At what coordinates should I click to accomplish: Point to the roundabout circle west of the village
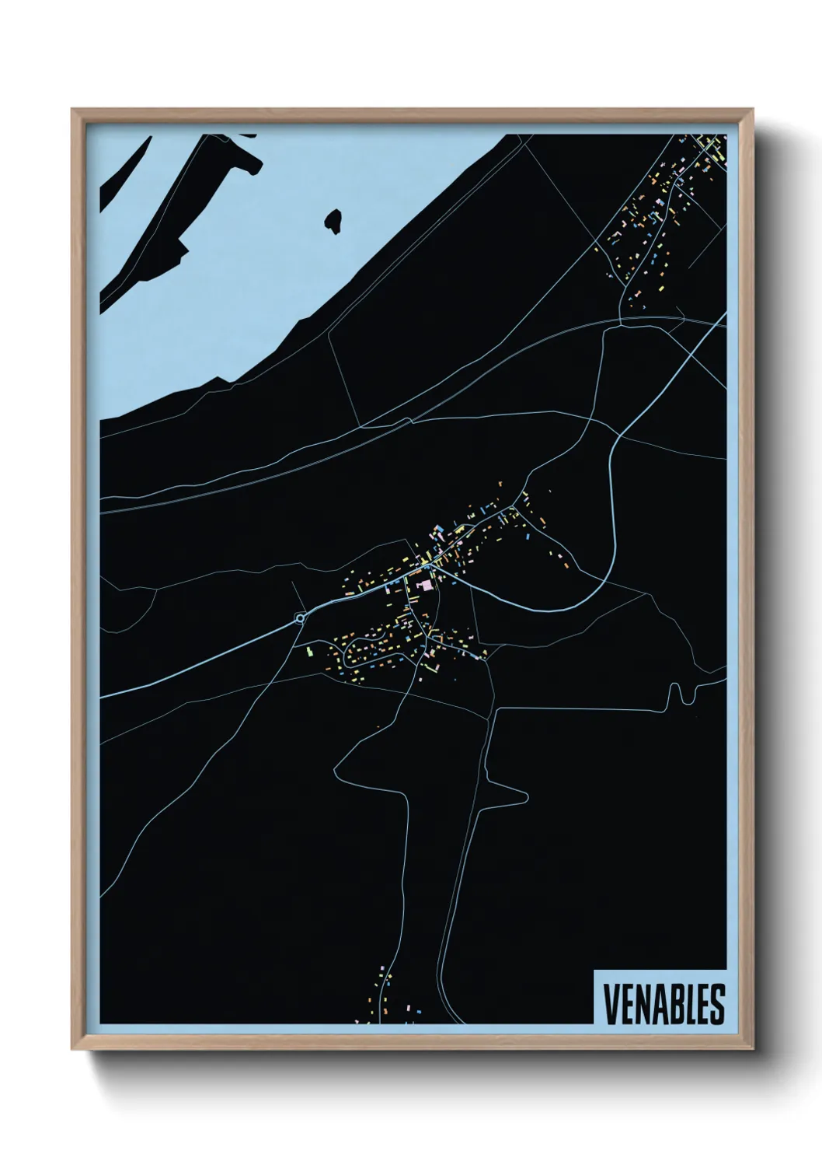[x=300, y=618]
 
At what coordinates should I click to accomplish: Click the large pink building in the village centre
[x=423, y=584]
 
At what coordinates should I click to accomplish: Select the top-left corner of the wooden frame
[x=72, y=110]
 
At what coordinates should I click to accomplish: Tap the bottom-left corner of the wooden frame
[x=72, y=1050]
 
